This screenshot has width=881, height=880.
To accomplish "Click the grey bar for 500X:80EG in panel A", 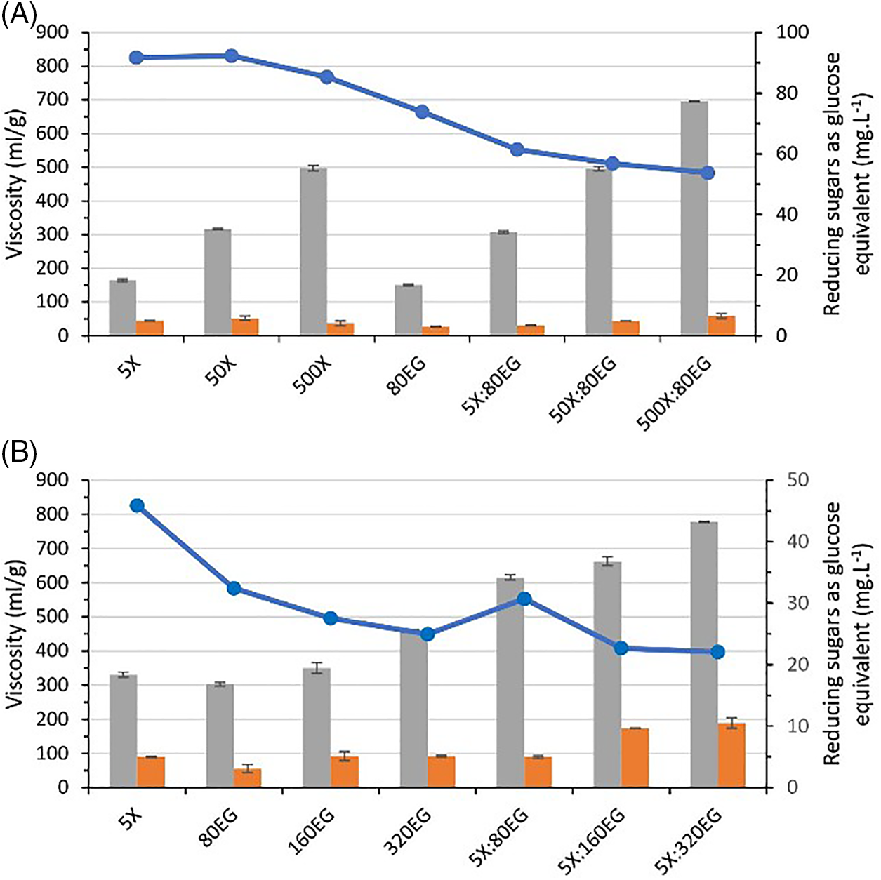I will click(694, 218).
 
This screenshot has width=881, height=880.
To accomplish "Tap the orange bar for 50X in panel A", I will click(245, 327).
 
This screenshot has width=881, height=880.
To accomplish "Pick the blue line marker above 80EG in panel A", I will click(422, 112).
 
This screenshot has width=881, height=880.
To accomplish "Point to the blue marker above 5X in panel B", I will click(137, 506).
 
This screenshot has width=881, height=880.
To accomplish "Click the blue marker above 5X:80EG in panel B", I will click(524, 599).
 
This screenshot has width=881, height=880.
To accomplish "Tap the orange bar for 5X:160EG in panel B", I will click(635, 758).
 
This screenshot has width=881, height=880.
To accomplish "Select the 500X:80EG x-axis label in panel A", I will click(674, 394).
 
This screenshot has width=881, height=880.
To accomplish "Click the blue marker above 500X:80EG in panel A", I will click(708, 173).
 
